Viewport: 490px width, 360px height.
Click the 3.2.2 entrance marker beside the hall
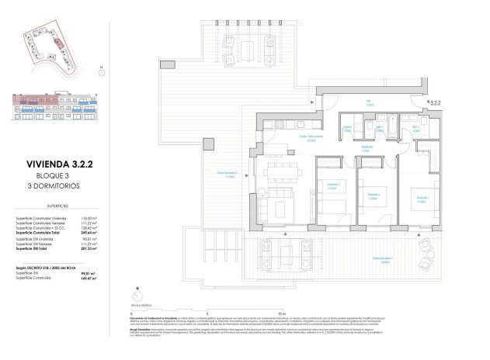pyautogui.click(x=436, y=102)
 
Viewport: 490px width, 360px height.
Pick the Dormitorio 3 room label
pyautogui.click(x=332, y=185)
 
